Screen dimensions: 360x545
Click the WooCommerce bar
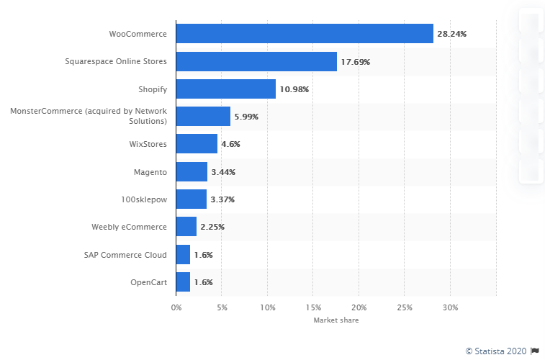(x=305, y=34)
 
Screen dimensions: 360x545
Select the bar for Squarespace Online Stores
(x=256, y=62)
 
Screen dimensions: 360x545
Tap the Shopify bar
(x=226, y=89)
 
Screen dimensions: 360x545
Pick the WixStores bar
(x=197, y=144)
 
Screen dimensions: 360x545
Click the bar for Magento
(x=192, y=172)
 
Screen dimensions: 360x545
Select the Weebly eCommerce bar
(x=186, y=227)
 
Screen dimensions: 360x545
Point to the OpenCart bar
(x=184, y=282)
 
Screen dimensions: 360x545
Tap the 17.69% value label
(x=356, y=62)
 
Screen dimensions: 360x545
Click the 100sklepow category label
(x=144, y=199)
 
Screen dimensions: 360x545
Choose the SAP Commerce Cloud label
(x=130, y=255)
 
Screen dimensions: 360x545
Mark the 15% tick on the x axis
(x=313, y=308)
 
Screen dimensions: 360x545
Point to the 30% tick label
(x=450, y=308)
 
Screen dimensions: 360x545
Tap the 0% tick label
(x=176, y=308)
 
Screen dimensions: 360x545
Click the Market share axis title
(x=336, y=320)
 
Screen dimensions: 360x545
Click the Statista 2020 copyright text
(x=496, y=351)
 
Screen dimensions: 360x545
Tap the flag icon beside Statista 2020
(x=534, y=351)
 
